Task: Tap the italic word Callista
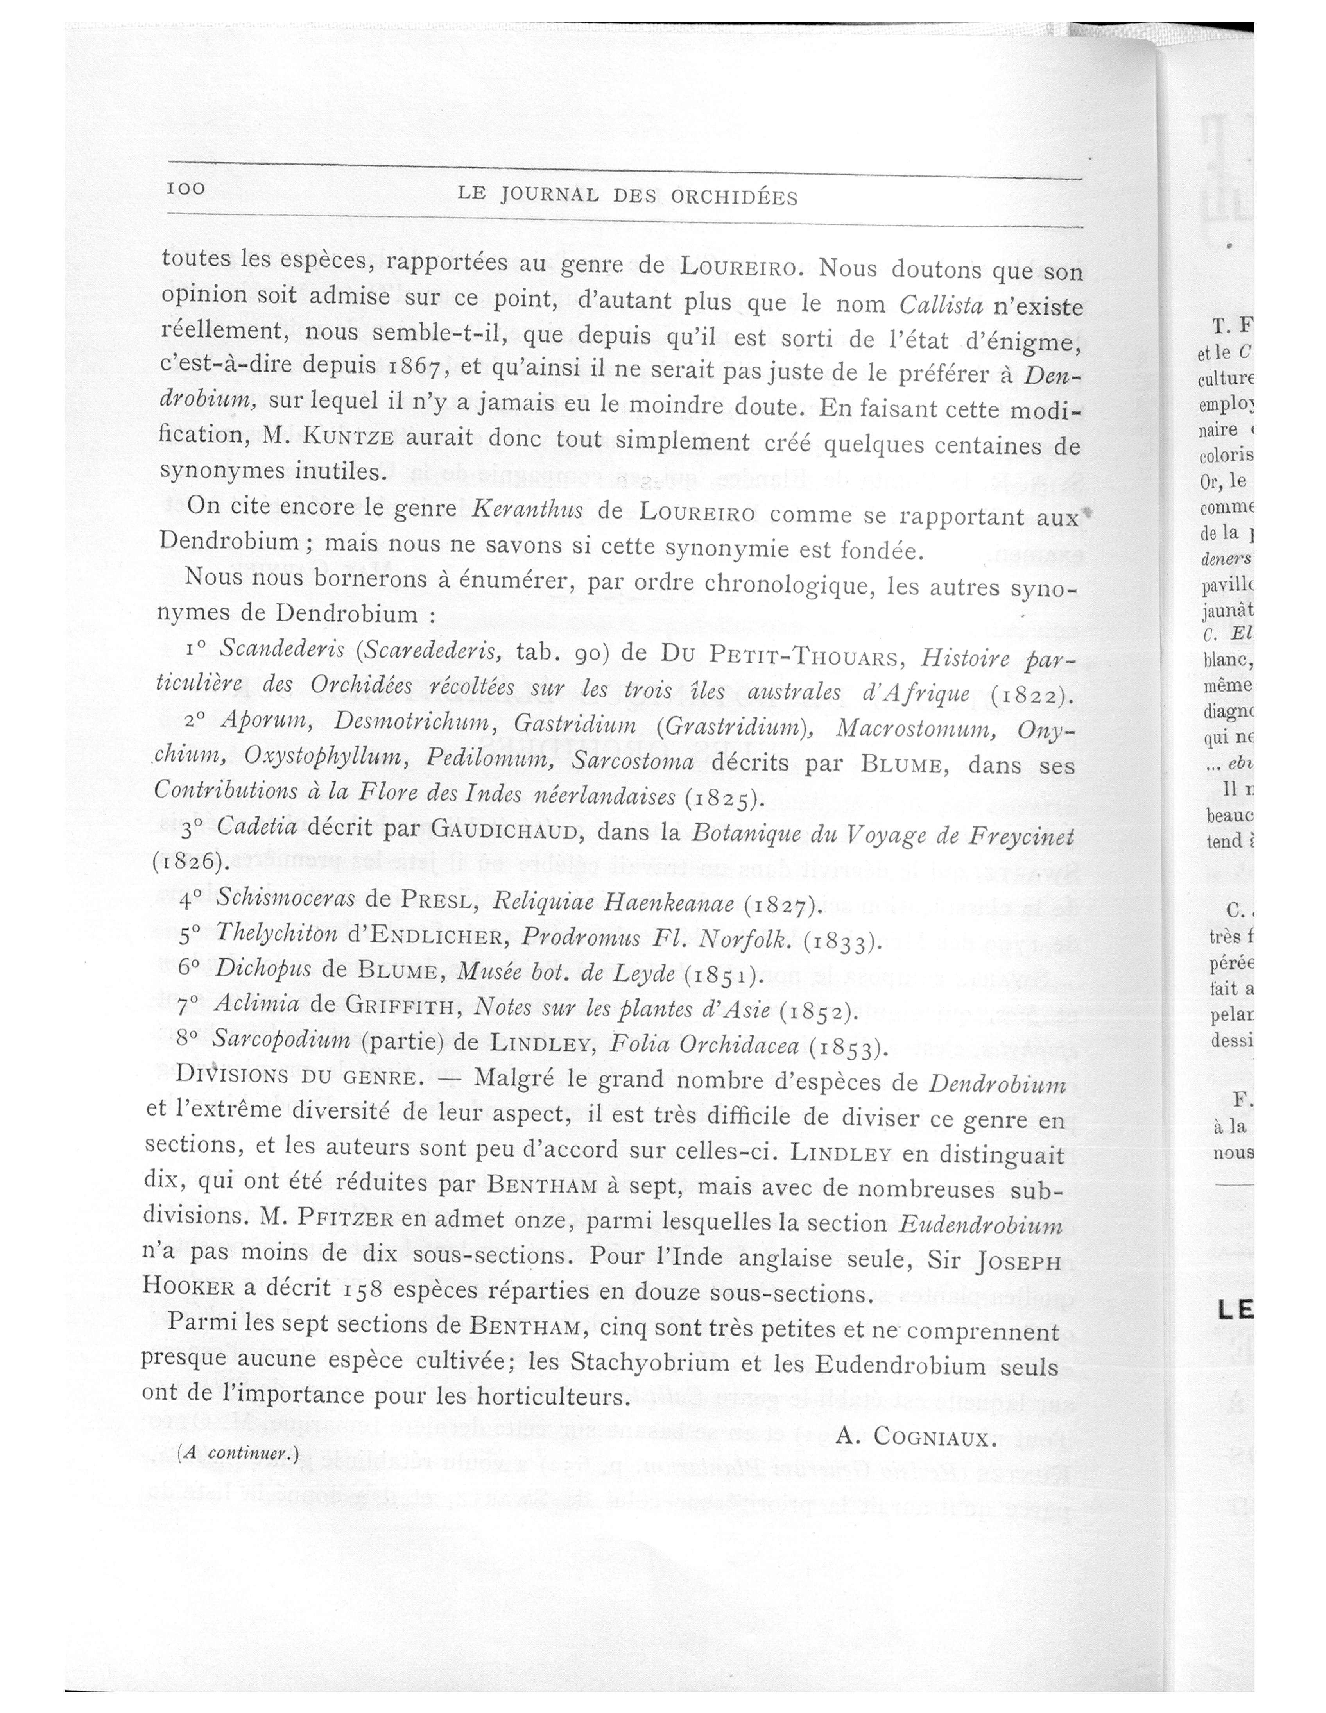[940, 304]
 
